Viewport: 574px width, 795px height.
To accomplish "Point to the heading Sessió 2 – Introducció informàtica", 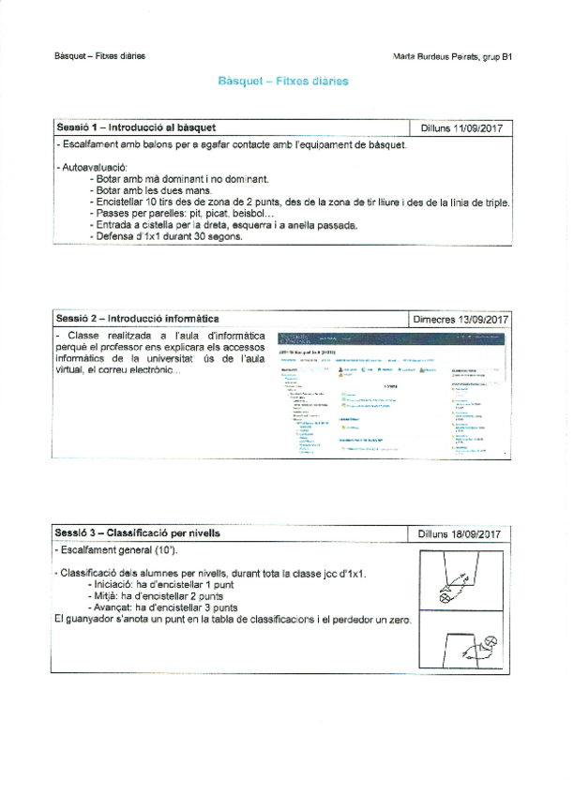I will pyautogui.click(x=138, y=319).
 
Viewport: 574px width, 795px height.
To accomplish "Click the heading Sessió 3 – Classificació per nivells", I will pyautogui.click(x=138, y=532).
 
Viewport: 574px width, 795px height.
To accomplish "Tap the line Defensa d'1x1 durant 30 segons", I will pyautogui.click(x=169, y=236).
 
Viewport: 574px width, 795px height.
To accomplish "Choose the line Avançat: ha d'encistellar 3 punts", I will pyautogui.click(x=160, y=607).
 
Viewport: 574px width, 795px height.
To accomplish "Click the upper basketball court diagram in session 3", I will pyautogui.click(x=463, y=578).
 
